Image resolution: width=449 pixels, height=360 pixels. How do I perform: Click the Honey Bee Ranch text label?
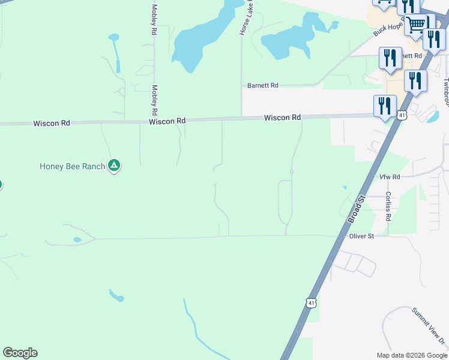72,166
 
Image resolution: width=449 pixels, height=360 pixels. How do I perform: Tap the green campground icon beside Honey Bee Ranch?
114,166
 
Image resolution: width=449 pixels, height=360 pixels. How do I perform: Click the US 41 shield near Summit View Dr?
310,303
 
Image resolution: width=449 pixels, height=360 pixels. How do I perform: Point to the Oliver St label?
362,236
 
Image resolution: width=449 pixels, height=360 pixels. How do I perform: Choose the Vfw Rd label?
390,177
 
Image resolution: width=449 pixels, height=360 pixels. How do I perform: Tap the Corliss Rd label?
388,206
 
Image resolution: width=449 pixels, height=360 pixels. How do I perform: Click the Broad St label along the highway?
357,209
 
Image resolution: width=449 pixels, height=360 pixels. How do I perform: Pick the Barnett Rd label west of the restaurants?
263,86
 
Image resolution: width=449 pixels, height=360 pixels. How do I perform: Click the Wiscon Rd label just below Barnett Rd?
282,118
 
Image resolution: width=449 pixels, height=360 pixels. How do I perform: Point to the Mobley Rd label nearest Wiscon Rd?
154,100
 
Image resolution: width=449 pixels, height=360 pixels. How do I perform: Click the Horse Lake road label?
244,18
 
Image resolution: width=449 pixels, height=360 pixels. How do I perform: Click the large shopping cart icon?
415,25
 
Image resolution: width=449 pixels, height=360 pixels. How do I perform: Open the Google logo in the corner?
20,353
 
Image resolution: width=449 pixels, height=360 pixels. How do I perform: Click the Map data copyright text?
411,355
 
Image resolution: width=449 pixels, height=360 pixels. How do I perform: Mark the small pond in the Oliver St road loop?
77,240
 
